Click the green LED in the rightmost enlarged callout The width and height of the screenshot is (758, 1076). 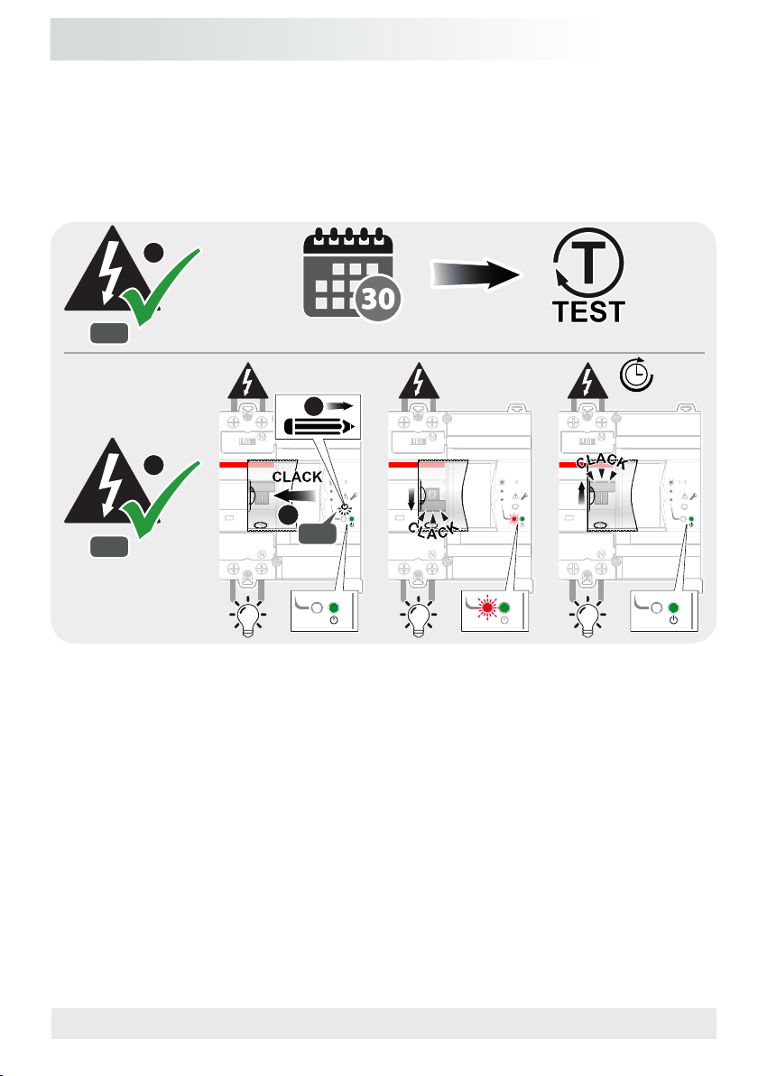click(671, 608)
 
